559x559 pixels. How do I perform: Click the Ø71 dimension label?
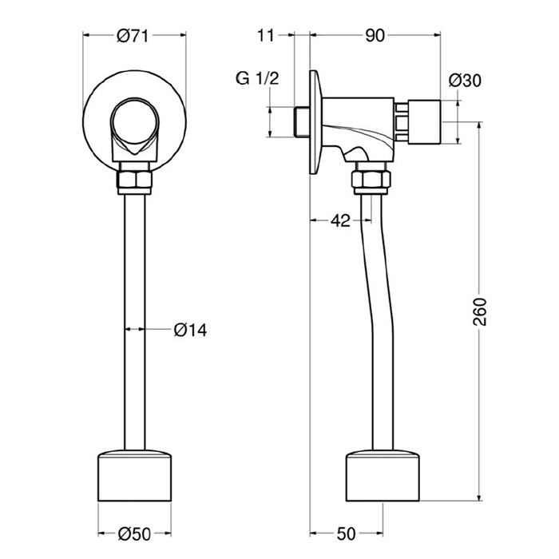(x=133, y=36)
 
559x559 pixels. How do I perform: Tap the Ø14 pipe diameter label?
(x=190, y=330)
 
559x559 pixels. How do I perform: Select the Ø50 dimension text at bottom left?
(x=135, y=533)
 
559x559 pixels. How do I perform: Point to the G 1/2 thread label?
(x=257, y=78)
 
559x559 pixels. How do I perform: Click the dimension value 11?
(x=266, y=36)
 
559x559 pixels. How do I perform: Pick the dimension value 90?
(x=375, y=36)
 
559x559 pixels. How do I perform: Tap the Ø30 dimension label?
(x=465, y=80)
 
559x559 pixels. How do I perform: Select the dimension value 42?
(x=340, y=221)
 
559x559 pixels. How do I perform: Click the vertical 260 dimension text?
(x=480, y=311)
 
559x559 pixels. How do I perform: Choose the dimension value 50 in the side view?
(x=346, y=533)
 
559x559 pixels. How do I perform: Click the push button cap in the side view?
(x=424, y=122)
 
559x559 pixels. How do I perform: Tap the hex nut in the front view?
(x=134, y=180)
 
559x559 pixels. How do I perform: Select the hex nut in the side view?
(x=371, y=180)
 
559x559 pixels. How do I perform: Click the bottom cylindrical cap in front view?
(x=134, y=476)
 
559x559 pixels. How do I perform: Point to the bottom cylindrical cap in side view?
(x=383, y=476)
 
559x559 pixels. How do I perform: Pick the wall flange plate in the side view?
(x=316, y=122)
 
